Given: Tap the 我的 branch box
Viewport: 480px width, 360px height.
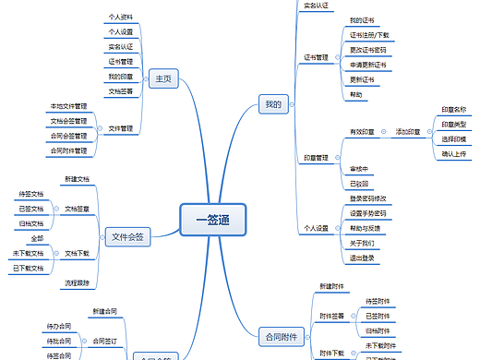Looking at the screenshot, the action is [x=271, y=103].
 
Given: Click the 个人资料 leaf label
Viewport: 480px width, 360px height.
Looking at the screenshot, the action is [x=120, y=17].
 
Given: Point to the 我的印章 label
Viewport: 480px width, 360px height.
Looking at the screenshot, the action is [x=120, y=76].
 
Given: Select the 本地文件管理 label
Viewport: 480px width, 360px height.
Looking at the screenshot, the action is [x=68, y=106].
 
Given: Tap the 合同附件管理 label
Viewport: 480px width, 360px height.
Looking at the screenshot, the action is [x=68, y=150].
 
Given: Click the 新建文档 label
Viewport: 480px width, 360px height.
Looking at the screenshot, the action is [x=78, y=178].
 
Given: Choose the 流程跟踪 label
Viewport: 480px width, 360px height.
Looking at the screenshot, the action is [x=78, y=282].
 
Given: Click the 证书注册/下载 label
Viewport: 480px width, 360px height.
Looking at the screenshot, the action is [x=369, y=35].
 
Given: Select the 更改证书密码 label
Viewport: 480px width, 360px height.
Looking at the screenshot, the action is [x=368, y=50].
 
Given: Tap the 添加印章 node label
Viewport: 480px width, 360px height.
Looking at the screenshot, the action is [x=407, y=133].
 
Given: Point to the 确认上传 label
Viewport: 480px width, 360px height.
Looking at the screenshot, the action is [x=454, y=154].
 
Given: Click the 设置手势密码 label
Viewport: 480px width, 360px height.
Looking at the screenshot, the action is [x=368, y=213].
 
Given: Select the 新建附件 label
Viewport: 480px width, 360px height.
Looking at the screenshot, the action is [x=332, y=286].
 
